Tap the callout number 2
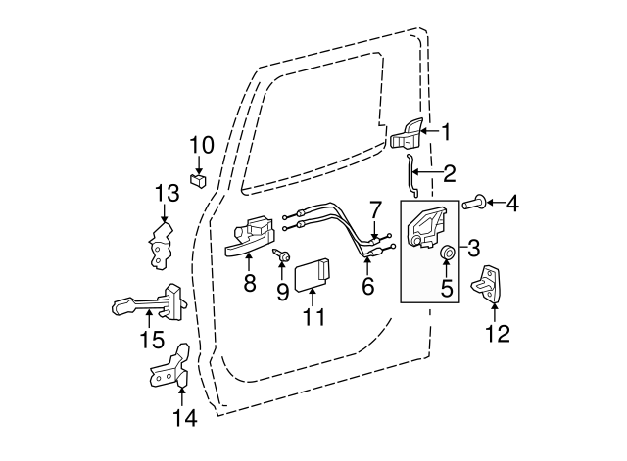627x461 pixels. [450, 174]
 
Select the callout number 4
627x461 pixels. [512, 204]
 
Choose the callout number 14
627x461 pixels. [184, 418]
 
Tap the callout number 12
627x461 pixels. [498, 334]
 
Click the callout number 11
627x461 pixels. [313, 318]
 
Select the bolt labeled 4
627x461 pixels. [472, 204]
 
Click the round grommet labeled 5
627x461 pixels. [447, 254]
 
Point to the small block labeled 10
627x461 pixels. [199, 179]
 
